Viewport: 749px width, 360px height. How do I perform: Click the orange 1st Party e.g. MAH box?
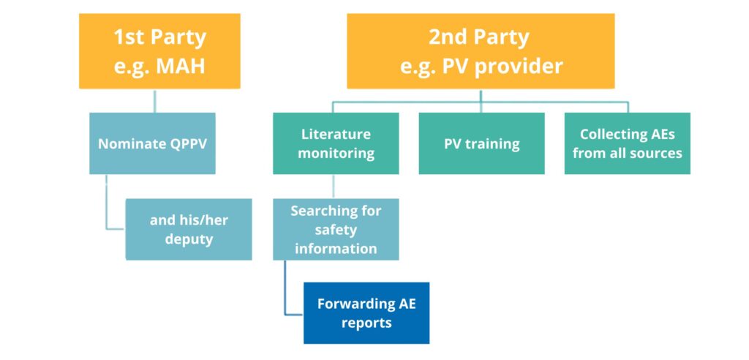pyautogui.click(x=159, y=51)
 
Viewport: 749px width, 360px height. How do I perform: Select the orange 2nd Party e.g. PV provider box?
pyautogui.click(x=481, y=51)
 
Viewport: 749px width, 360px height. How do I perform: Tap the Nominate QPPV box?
pyautogui.click(x=152, y=143)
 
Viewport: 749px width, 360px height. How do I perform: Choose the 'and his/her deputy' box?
pyautogui.click(x=189, y=229)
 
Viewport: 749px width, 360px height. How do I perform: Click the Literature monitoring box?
pyautogui.click(x=336, y=143)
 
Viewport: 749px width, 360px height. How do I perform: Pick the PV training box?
pyautogui.click(x=481, y=143)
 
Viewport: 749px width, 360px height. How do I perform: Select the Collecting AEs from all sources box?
pyautogui.click(x=627, y=143)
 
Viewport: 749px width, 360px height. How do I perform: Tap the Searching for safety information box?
pyautogui.click(x=336, y=229)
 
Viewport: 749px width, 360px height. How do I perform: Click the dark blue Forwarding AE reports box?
pyautogui.click(x=366, y=312)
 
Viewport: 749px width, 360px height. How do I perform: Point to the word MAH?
pyautogui.click(x=180, y=66)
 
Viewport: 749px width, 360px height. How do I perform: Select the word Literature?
pyautogui.click(x=336, y=135)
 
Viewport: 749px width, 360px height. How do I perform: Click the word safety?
pyautogui.click(x=336, y=230)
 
